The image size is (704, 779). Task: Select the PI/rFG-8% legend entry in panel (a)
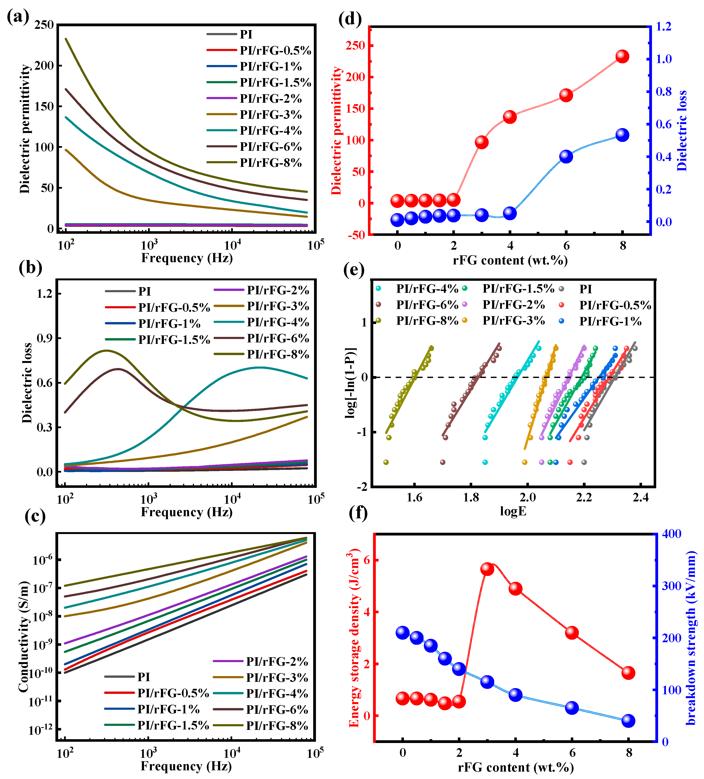[x=270, y=163]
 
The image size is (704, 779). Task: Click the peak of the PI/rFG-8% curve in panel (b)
[x=107, y=350]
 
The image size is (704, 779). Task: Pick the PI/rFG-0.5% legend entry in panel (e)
[x=615, y=305]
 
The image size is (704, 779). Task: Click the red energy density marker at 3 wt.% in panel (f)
[x=487, y=569]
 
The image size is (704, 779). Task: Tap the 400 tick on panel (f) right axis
[x=672, y=534]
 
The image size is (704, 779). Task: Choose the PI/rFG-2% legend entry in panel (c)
[x=277, y=661]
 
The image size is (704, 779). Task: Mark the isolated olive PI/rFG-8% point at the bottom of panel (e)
[x=386, y=462]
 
